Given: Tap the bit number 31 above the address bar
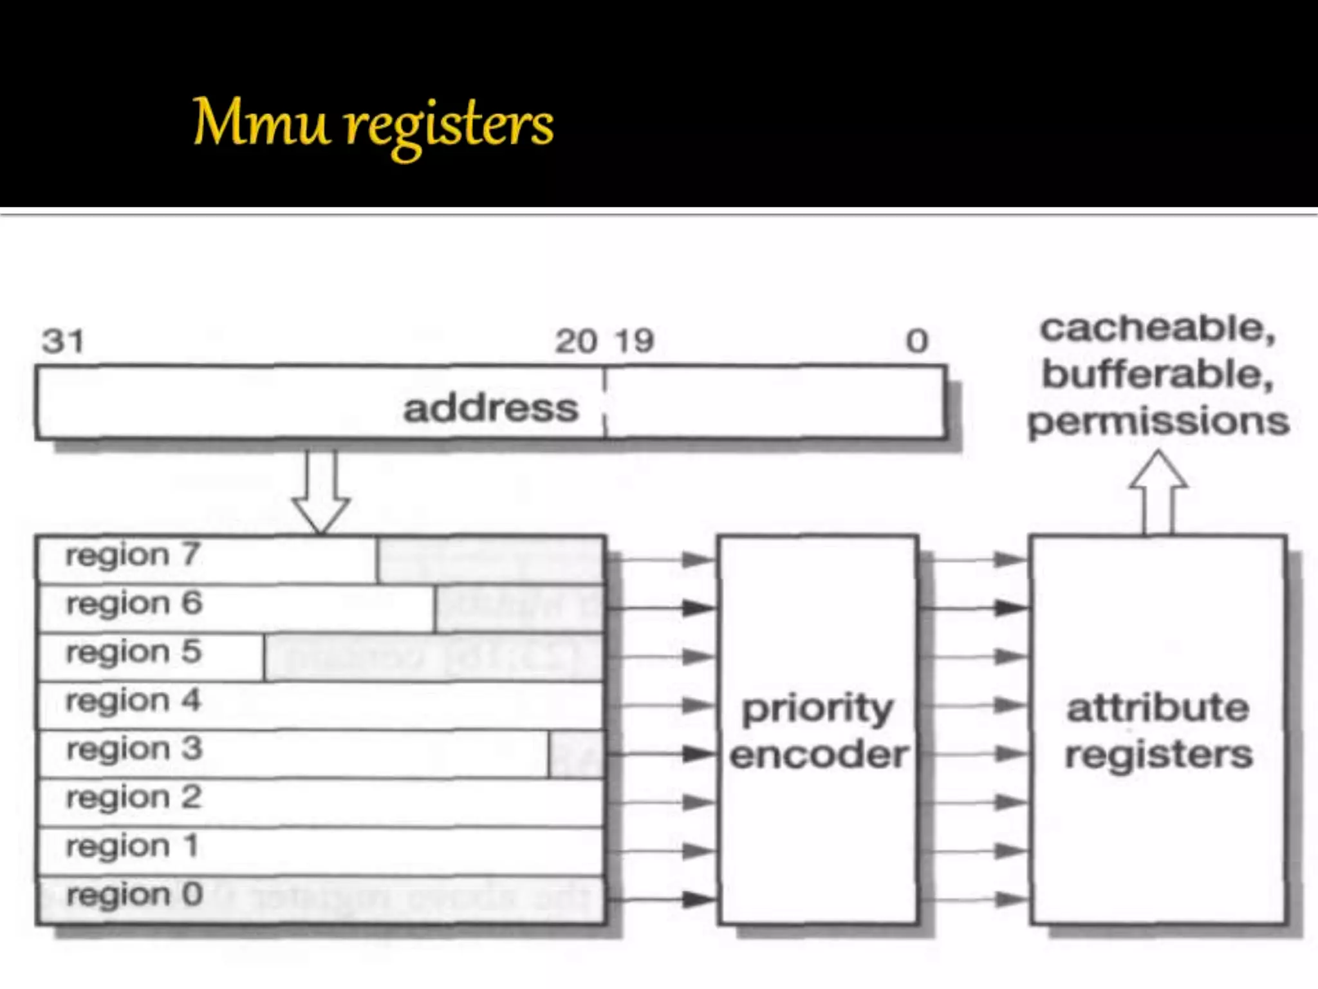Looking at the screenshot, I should [x=63, y=341].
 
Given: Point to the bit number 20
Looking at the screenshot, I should [x=576, y=341].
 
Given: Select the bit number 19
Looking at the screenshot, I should [x=635, y=341].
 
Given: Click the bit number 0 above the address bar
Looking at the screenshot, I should [x=917, y=341].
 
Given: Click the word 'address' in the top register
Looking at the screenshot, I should [x=491, y=408].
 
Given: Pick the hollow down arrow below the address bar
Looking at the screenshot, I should [x=321, y=493].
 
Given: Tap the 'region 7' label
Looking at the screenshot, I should [x=133, y=555].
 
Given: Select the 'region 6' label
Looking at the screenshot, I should [x=134, y=603].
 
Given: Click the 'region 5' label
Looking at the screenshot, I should [x=134, y=652].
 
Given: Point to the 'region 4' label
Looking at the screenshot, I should [x=133, y=701].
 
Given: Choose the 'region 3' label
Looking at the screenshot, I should [x=134, y=749].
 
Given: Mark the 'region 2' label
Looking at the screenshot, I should [x=134, y=797].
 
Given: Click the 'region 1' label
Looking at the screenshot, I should [x=132, y=846].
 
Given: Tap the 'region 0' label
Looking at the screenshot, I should [x=135, y=894].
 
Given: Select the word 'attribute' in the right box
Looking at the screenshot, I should [x=1158, y=708].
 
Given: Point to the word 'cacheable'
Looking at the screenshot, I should [x=1158, y=329].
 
